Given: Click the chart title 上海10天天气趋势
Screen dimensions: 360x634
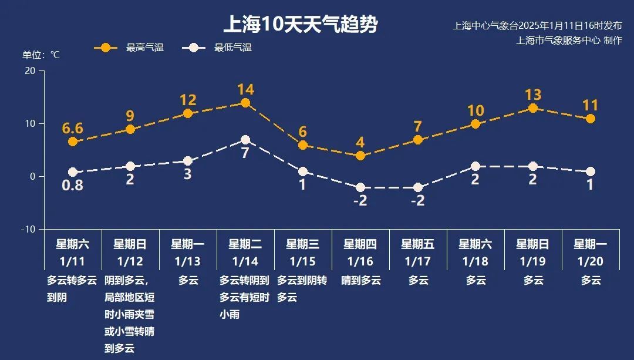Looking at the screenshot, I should [300, 25].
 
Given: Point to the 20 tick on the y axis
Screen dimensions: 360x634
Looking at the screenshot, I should [29, 70].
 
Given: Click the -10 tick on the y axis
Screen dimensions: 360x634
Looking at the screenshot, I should [28, 229].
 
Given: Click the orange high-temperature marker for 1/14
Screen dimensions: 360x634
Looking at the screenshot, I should [245, 103].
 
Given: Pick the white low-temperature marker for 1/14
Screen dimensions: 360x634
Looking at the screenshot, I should [245, 140].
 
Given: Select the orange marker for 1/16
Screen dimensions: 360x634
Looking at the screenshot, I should [360, 156].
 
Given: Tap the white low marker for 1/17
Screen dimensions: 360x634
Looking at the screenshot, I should [418, 187].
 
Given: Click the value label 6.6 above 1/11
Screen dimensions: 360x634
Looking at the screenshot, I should [73, 128].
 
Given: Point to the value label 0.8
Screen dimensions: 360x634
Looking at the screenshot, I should [73, 186].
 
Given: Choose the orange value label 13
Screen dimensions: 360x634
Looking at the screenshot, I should [533, 95].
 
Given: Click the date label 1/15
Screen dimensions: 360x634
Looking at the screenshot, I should [302, 261].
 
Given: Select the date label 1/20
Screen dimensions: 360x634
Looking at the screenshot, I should [591, 261].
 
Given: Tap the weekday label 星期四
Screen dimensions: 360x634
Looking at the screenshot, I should [360, 244].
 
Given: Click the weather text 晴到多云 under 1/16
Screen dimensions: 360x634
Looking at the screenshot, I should [361, 280].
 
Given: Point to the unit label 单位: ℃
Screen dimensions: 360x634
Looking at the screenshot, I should [41, 55].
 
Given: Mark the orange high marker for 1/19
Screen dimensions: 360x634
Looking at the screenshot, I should [533, 108].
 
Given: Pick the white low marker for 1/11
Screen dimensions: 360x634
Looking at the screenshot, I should [73, 172].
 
